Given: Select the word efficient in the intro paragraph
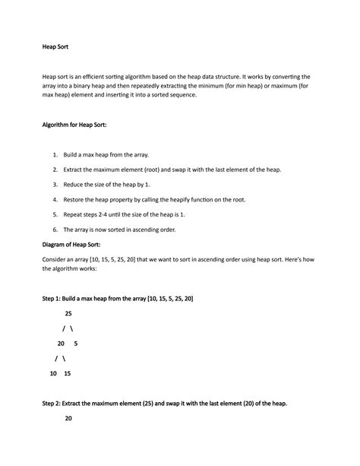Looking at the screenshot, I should click(106, 78).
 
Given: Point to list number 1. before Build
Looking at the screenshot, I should click(55, 154).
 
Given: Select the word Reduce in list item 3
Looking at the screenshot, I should click(74, 185).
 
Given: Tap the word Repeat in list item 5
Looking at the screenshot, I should click(74, 215).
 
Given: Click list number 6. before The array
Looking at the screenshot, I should click(55, 230).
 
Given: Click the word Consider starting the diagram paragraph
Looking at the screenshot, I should click(57, 260).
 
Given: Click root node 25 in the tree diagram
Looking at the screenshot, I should click(69, 313).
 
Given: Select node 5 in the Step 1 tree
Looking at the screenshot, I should click(76, 344).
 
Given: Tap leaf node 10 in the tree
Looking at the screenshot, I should click(52, 373).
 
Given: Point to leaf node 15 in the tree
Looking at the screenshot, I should click(68, 373).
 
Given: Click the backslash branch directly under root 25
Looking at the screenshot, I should click(71, 328).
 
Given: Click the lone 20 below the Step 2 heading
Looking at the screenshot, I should click(69, 418).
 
